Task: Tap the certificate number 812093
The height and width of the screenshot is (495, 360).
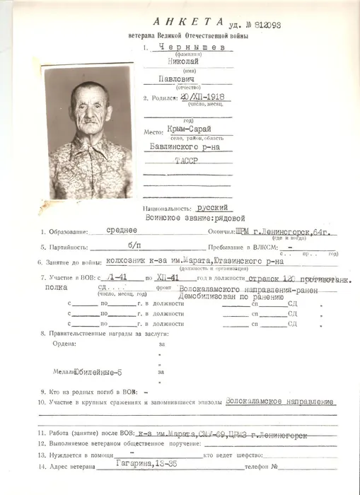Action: pos(264,25)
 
